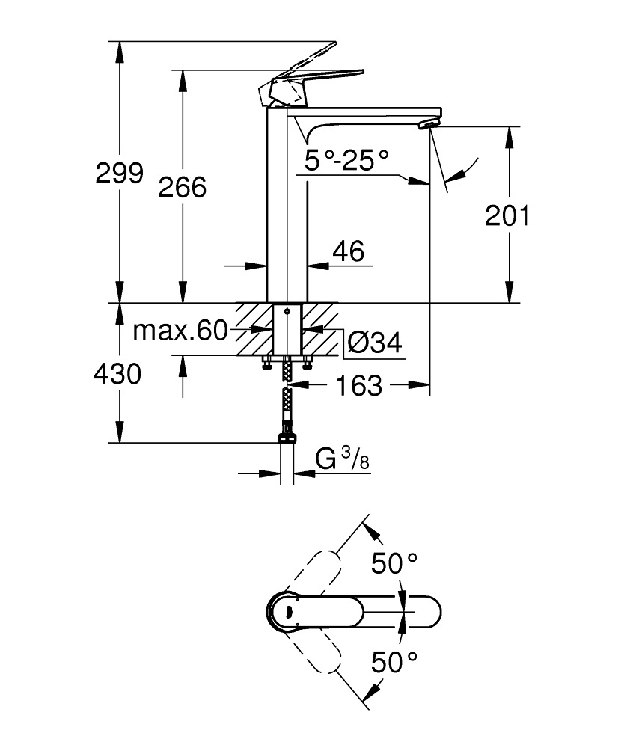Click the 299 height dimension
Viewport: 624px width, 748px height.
point(119,173)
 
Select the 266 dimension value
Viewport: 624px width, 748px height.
point(182,186)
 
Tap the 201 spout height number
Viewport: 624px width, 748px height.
point(507,215)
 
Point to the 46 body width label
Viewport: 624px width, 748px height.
point(347,251)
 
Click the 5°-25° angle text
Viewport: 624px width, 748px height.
point(347,159)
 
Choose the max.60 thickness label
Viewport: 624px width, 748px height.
point(180,330)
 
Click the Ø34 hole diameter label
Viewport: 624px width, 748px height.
point(374,343)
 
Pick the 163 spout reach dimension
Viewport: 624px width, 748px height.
point(359,386)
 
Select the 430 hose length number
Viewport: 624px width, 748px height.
point(117,373)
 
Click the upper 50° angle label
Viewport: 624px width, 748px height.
point(394,563)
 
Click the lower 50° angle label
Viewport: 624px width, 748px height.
point(394,661)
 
